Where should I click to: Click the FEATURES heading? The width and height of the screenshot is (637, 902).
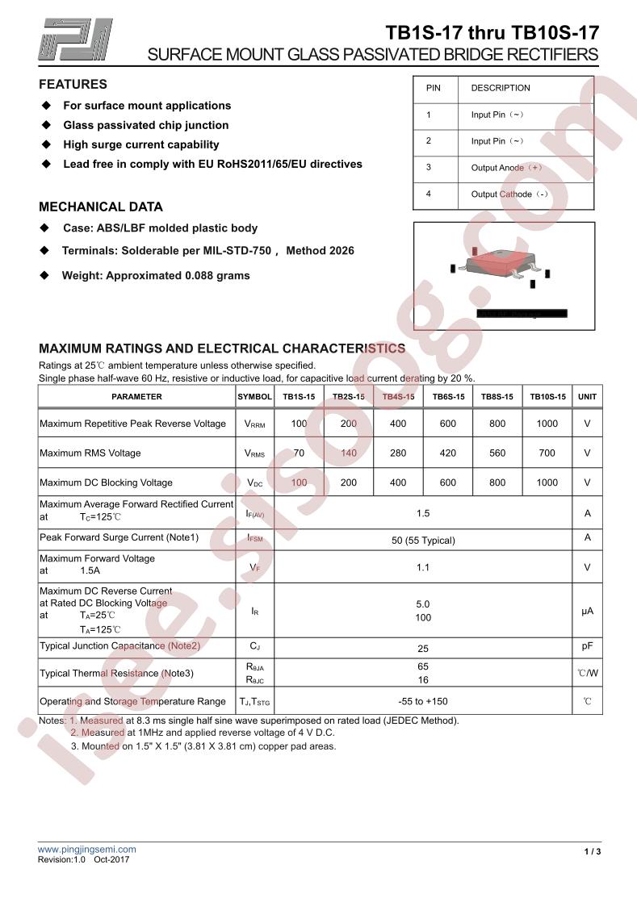tap(73, 85)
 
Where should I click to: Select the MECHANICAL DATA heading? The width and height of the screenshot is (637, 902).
tap(101, 207)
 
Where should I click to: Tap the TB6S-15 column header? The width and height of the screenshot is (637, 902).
tap(448, 397)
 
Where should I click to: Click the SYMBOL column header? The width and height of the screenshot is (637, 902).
tap(254, 397)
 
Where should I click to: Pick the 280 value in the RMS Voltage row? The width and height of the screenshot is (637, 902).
tap(398, 453)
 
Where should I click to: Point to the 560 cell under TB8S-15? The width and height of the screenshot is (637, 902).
tap(497, 453)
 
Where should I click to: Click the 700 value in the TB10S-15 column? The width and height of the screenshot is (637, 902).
tap(547, 453)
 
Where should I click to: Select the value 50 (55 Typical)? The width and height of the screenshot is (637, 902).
tap(423, 541)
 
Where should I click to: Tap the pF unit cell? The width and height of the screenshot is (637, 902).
tap(587, 647)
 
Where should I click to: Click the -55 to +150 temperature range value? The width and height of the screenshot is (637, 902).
tap(423, 702)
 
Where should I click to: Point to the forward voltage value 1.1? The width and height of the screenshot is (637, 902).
tap(423, 568)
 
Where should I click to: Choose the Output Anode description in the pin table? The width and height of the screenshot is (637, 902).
tap(506, 168)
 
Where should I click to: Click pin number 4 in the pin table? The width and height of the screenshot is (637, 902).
tap(429, 194)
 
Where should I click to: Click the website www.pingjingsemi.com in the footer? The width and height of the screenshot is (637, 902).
tap(87, 850)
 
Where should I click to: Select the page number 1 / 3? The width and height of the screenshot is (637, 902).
tap(593, 852)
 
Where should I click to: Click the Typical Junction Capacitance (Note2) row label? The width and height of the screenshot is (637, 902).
tap(119, 646)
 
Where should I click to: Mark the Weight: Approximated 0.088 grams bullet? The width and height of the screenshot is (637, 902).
tap(156, 276)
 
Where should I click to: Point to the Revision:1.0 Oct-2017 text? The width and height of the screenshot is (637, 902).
tap(85, 861)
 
